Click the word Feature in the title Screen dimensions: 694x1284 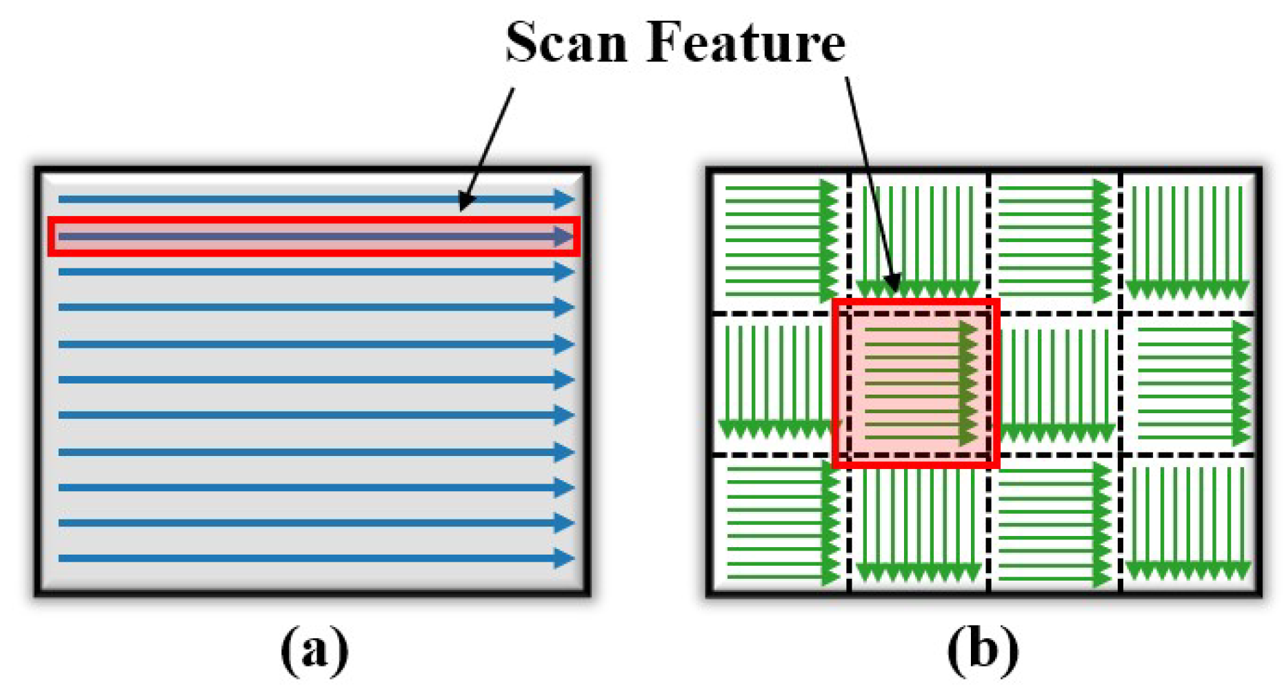pyautogui.click(x=746, y=43)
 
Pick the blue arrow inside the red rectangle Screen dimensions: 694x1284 pyautogui.click(x=314, y=237)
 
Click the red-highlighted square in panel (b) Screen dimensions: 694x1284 pyautogui.click(x=916, y=384)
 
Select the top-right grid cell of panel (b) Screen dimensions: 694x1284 pyautogui.click(x=1187, y=241)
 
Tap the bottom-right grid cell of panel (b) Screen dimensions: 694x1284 pyautogui.click(x=1187, y=524)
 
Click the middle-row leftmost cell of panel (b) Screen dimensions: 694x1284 pyautogui.click(x=775, y=384)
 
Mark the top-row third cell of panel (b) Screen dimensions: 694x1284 pyautogui.click(x=1054, y=241)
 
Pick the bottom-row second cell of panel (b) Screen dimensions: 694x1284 pyautogui.click(x=917, y=524)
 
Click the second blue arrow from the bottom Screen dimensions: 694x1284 pyautogui.click(x=314, y=523)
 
